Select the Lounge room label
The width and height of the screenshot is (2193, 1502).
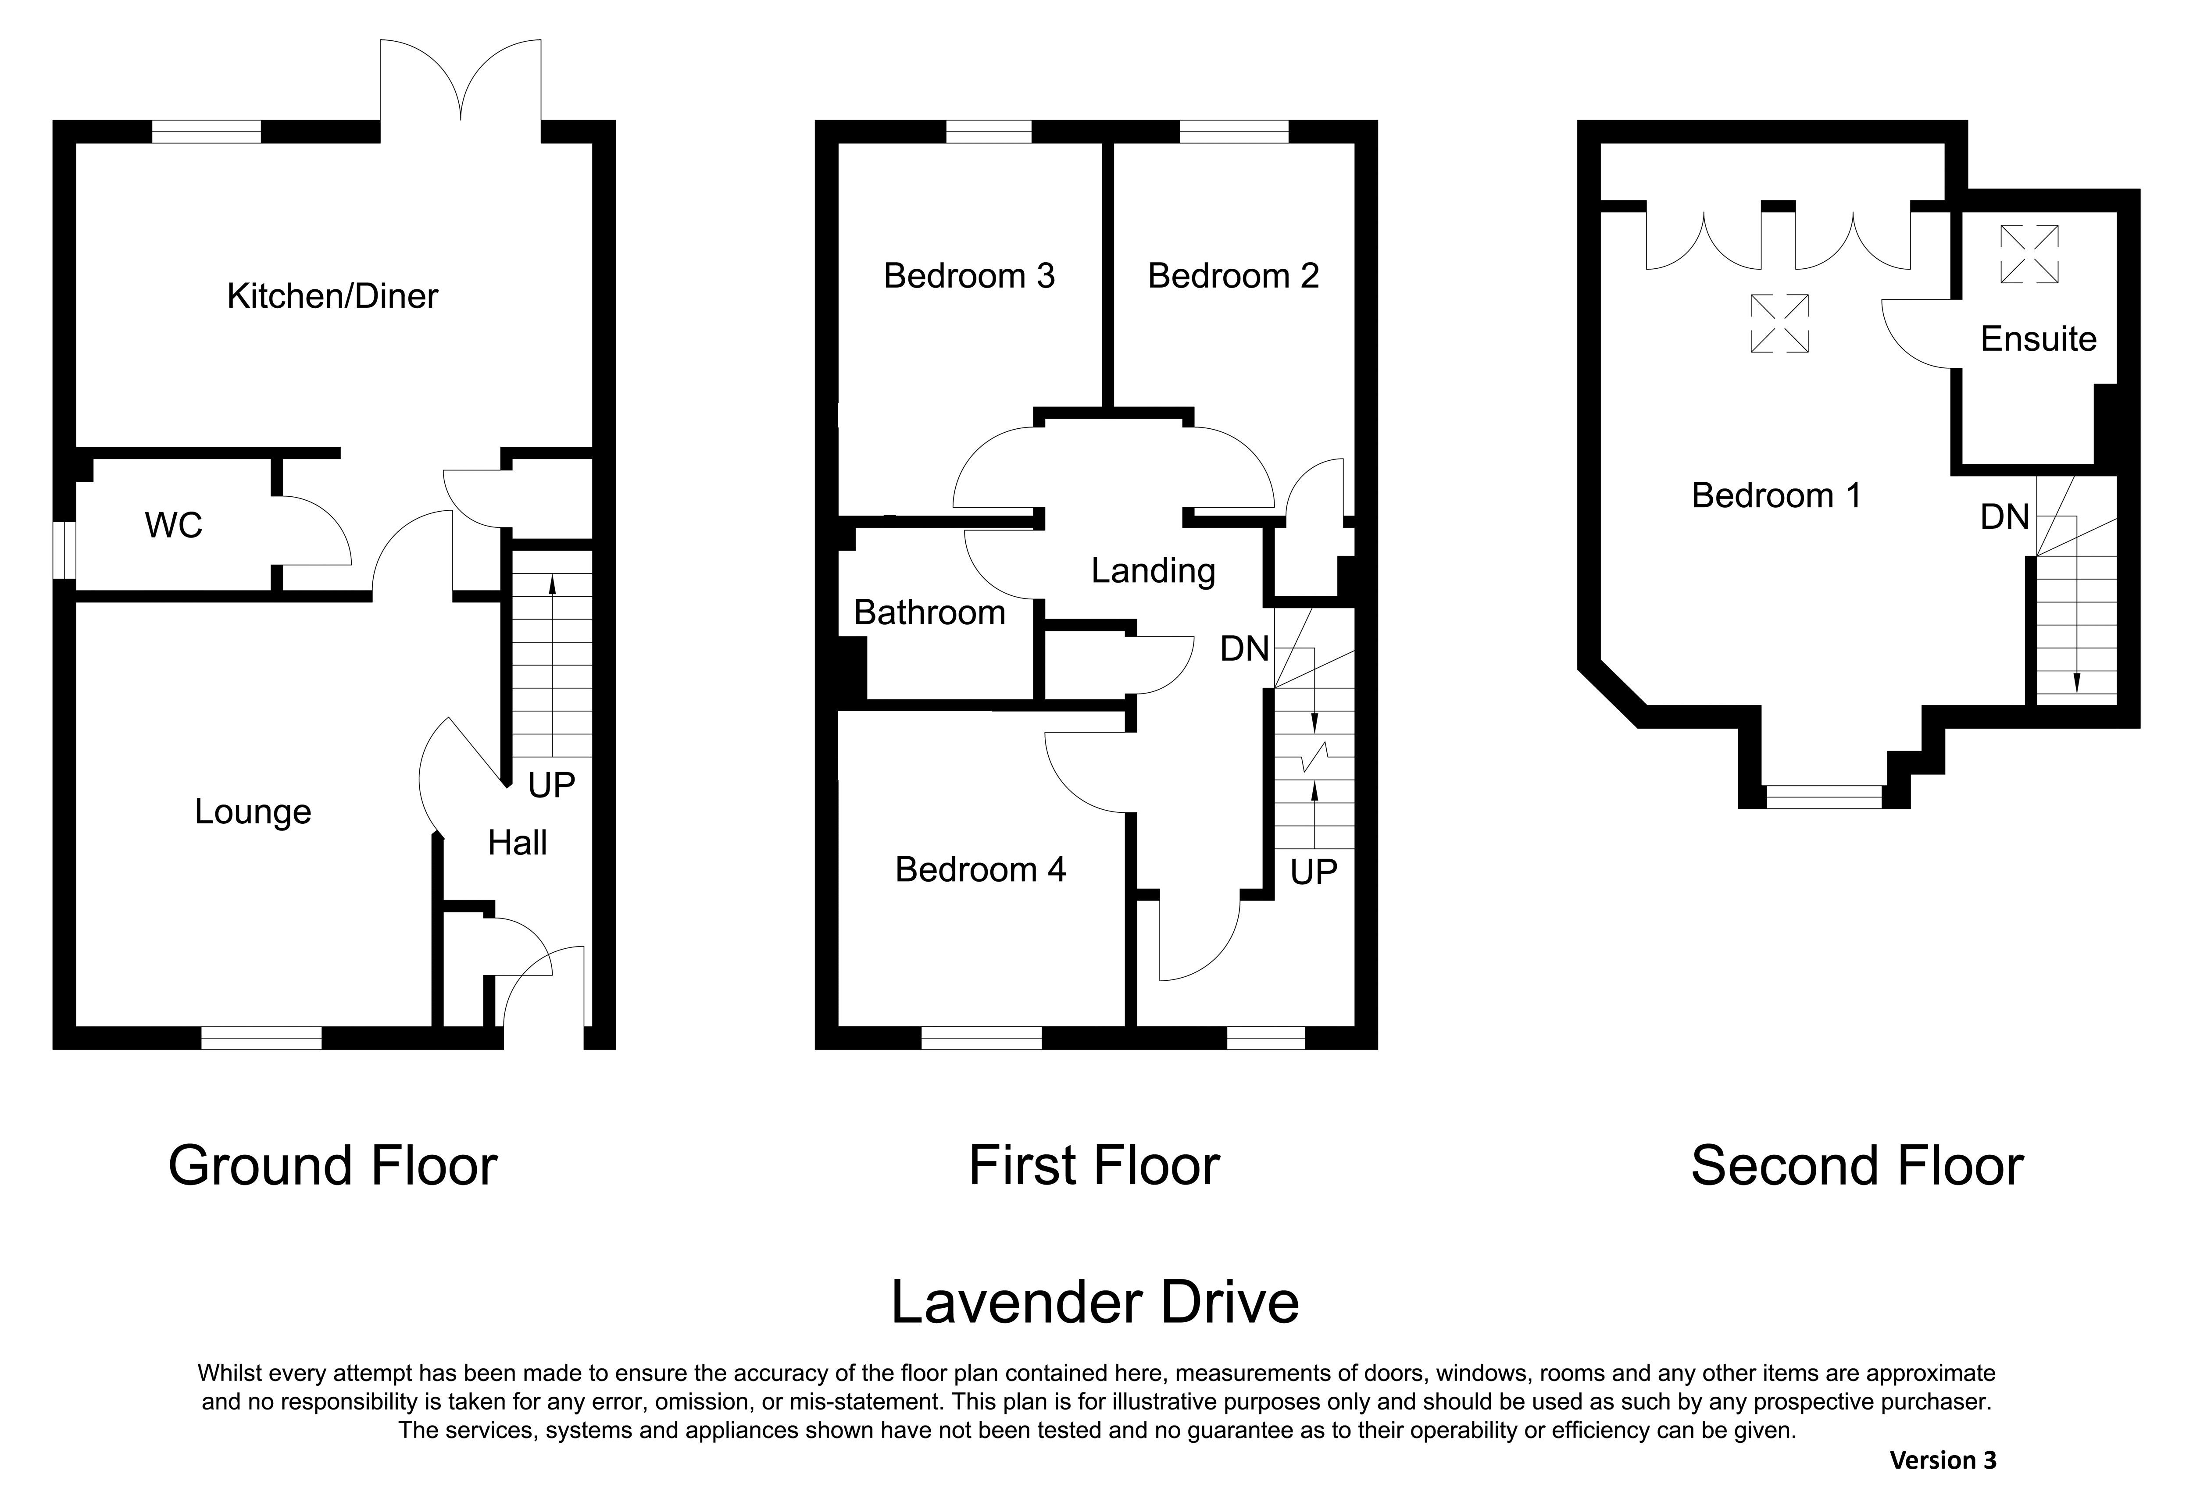pyautogui.click(x=253, y=812)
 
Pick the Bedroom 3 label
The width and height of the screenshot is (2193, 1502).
pyautogui.click(x=969, y=275)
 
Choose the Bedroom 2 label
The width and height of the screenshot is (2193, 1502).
pyautogui.click(x=1233, y=275)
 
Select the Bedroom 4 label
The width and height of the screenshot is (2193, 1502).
pyautogui.click(x=980, y=869)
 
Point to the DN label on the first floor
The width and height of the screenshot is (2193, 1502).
pyautogui.click(x=1245, y=648)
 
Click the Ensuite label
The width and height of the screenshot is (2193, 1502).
pyautogui.click(x=2038, y=339)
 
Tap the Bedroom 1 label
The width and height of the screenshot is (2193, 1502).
pyautogui.click(x=1777, y=495)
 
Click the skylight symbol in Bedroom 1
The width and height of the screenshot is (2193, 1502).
pyautogui.click(x=1780, y=324)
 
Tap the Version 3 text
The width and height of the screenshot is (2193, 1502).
pyautogui.click(x=1943, y=1460)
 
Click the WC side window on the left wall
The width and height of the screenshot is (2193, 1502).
pyautogui.click(x=64, y=550)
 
